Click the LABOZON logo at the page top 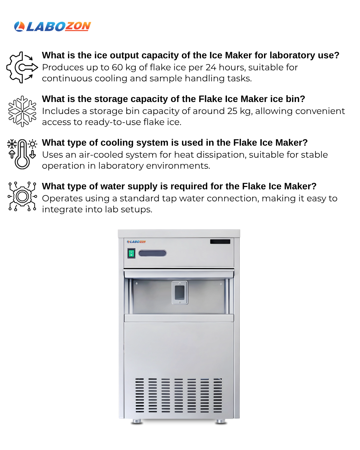[52, 27]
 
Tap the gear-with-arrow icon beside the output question [22, 67]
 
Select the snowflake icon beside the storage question [22, 111]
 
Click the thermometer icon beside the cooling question [22, 154]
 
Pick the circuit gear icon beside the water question [22, 197]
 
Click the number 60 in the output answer [117, 67]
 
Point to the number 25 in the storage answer [232, 111]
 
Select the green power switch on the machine [131, 253]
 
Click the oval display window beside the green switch [152, 253]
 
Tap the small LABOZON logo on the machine [136, 242]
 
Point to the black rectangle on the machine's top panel [220, 242]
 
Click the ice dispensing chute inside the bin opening [180, 292]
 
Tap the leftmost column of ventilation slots [140, 395]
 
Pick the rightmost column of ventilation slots [218, 395]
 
